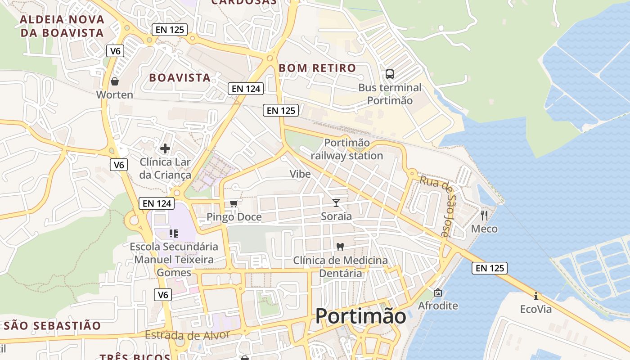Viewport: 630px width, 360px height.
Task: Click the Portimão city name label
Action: [360, 316]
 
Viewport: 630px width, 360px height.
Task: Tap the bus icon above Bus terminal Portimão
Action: [390, 74]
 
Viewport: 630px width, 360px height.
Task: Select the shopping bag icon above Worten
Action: [115, 81]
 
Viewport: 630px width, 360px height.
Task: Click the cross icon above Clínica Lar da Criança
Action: [165, 148]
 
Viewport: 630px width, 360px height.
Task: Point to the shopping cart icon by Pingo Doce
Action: [234, 204]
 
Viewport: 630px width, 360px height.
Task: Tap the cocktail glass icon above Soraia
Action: [336, 203]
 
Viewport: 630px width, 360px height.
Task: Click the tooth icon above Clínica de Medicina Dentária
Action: [340, 247]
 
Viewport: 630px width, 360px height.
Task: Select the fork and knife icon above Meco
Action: [484, 215]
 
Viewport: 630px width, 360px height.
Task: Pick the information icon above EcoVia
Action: [535, 296]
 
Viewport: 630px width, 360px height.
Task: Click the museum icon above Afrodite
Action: [437, 292]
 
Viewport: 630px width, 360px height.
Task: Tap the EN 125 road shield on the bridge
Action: [490, 268]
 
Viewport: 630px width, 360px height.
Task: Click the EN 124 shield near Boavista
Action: [245, 89]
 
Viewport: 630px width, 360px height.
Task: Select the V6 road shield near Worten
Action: [116, 51]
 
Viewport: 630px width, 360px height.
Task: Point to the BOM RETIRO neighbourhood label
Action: [317, 68]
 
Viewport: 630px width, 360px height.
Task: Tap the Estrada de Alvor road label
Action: [187, 335]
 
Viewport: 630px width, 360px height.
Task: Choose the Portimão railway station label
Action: [346, 149]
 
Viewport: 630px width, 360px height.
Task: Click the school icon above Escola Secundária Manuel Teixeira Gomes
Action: [174, 233]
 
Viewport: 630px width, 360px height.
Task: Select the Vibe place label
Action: [300, 174]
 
